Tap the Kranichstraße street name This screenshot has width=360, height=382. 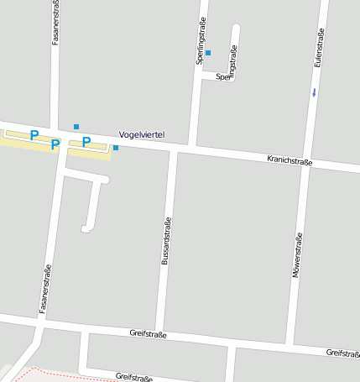point(290,160)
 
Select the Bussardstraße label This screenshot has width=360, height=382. point(165,241)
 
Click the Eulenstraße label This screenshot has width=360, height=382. point(318,50)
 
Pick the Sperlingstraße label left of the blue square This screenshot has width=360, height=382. point(201,43)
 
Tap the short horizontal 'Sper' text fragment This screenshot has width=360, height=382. point(222,76)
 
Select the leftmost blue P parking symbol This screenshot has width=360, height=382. point(34,134)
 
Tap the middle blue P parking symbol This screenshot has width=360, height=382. point(55,144)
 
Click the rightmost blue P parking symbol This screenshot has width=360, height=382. point(86,142)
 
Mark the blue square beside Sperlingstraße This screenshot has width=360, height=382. point(208,53)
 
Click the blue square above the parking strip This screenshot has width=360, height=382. point(76,127)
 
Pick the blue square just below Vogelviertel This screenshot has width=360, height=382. point(116,148)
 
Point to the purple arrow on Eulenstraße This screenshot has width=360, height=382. point(314,92)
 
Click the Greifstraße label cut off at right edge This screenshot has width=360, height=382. point(343,353)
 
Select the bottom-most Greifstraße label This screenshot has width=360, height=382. point(133,377)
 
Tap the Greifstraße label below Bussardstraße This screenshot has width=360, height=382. point(148,334)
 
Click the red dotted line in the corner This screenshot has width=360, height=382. point(50,371)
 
